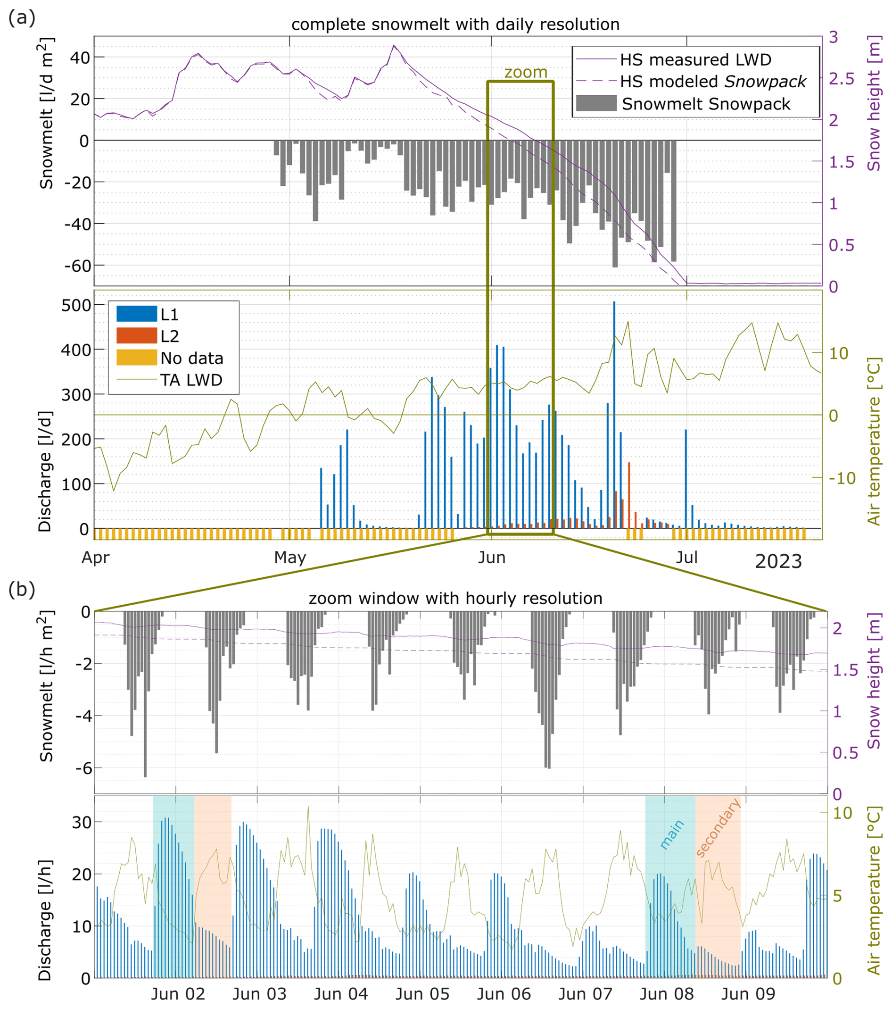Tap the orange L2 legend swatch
(137, 336)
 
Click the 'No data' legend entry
(191, 358)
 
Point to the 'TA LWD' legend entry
(191, 380)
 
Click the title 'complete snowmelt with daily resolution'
(455, 24)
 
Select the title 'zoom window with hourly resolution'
(455, 598)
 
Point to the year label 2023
(778, 561)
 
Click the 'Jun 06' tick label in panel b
(503, 993)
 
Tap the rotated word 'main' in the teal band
(671, 834)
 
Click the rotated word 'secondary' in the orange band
(718, 827)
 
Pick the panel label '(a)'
(22, 18)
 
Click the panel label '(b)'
(22, 590)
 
